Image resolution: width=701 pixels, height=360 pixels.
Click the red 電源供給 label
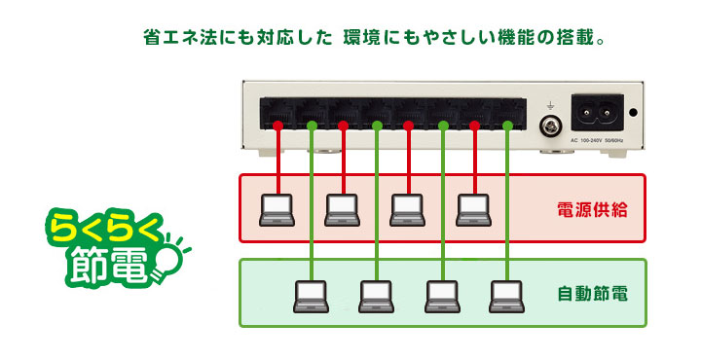(x=592, y=209)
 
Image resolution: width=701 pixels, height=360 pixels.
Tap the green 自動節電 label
(x=592, y=294)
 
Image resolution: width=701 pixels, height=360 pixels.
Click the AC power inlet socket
(x=597, y=112)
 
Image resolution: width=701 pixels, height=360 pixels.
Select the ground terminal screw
(x=550, y=126)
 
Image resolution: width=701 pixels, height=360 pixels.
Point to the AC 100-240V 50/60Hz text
(x=597, y=140)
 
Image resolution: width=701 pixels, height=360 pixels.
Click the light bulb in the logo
(x=168, y=257)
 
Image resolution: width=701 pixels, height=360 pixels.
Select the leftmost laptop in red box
(x=277, y=210)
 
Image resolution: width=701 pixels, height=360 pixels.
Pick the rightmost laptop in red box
(x=474, y=210)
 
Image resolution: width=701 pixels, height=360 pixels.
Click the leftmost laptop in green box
(x=312, y=297)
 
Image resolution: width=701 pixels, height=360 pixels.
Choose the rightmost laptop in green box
(x=507, y=297)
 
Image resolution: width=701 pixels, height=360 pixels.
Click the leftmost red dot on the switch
(x=278, y=126)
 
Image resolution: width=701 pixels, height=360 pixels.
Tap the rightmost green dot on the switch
(x=507, y=126)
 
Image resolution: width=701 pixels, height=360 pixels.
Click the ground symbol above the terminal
(x=550, y=106)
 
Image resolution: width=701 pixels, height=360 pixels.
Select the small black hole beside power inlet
(x=633, y=112)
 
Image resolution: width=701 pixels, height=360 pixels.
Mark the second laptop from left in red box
(x=343, y=210)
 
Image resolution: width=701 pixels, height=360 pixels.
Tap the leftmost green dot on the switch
(x=312, y=126)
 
